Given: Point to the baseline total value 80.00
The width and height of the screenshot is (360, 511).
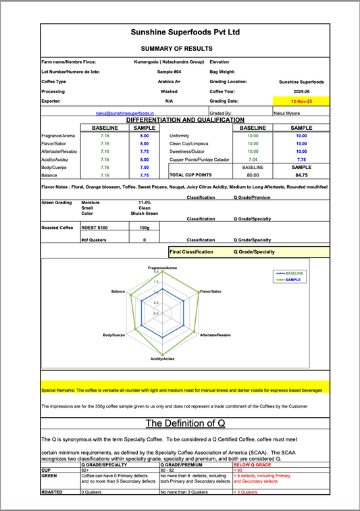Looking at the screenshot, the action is pyautogui.click(x=253, y=174).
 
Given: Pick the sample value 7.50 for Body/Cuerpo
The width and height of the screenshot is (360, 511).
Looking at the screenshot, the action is pyautogui.click(x=145, y=166).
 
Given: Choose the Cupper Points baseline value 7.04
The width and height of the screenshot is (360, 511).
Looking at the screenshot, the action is pyautogui.click(x=253, y=159).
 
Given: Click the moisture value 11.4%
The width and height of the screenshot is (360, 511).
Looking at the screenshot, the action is pyautogui.click(x=145, y=202).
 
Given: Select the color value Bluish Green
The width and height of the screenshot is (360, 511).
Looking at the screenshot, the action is pyautogui.click(x=145, y=213).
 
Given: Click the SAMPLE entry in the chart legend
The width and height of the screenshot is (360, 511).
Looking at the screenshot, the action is pyautogui.click(x=292, y=279).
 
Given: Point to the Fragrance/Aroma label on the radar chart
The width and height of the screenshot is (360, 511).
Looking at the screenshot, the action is pyautogui.click(x=162, y=268).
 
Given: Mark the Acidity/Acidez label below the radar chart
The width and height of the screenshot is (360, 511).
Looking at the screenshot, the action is pyautogui.click(x=163, y=358).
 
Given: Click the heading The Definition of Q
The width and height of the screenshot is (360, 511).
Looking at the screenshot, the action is pyautogui.click(x=185, y=424).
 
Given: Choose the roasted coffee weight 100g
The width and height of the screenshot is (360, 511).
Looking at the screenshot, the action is pyautogui.click(x=145, y=228).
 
